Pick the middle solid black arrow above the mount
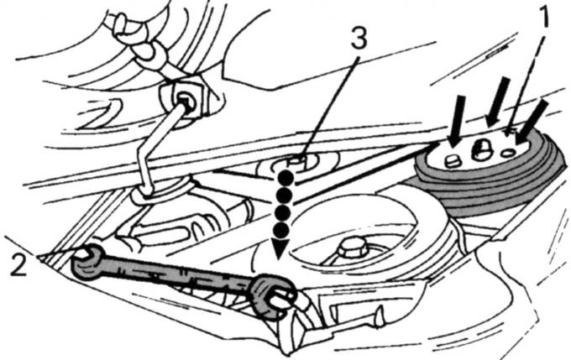click(498, 102)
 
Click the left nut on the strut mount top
click(452, 160)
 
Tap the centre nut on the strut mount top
click(480, 150)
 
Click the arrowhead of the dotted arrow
click(280, 250)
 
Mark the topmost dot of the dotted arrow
click(285, 179)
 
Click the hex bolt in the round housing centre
click(352, 250)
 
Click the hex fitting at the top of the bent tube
click(183, 99)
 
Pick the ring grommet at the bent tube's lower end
click(160, 192)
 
